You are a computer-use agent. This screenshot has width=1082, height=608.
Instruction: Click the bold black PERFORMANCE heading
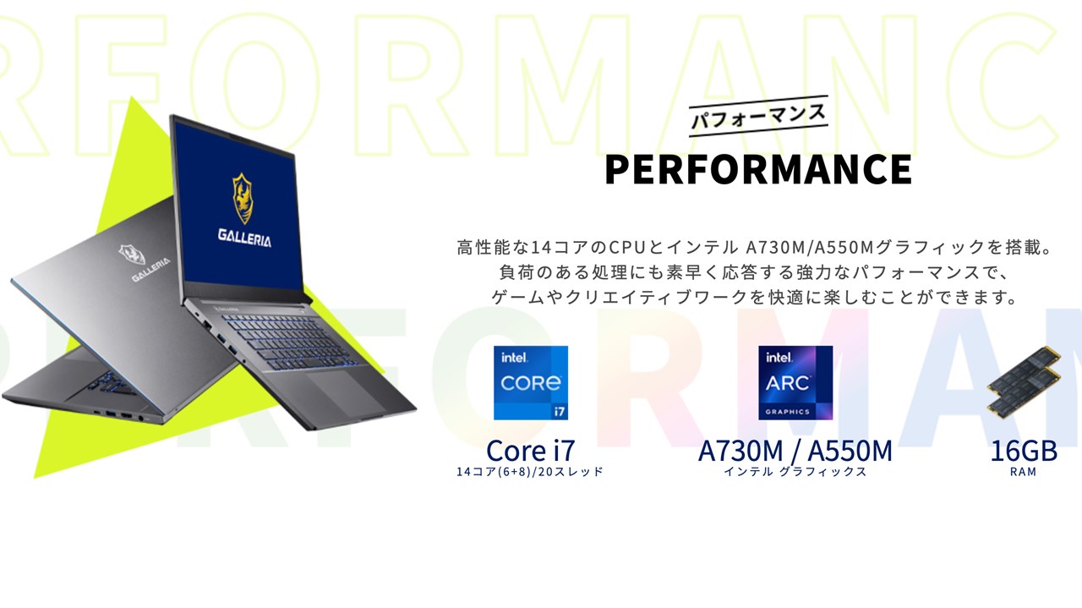(758, 169)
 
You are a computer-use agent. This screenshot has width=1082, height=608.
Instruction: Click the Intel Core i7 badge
(530, 383)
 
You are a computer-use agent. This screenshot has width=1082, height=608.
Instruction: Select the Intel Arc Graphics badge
(795, 383)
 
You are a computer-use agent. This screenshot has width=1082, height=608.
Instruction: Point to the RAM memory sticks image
(1024, 383)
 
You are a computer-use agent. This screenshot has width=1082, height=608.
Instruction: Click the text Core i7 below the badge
(530, 451)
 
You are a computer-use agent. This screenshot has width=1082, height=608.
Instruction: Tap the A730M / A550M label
(795, 451)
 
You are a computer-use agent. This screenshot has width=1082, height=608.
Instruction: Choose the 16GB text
(1024, 451)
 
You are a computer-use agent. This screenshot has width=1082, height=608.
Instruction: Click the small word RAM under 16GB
(1023, 472)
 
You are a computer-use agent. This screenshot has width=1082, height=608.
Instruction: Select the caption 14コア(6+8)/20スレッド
(530, 472)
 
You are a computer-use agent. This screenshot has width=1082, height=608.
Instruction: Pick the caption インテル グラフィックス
(795, 472)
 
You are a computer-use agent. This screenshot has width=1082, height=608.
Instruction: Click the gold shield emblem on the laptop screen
(243, 198)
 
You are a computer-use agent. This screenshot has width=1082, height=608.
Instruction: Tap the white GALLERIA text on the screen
(244, 238)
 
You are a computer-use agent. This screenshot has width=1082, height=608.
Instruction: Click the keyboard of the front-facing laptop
(290, 340)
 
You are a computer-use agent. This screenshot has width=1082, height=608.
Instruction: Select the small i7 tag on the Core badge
(559, 411)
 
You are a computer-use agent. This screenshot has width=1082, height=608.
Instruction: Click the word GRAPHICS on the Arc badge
(787, 412)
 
